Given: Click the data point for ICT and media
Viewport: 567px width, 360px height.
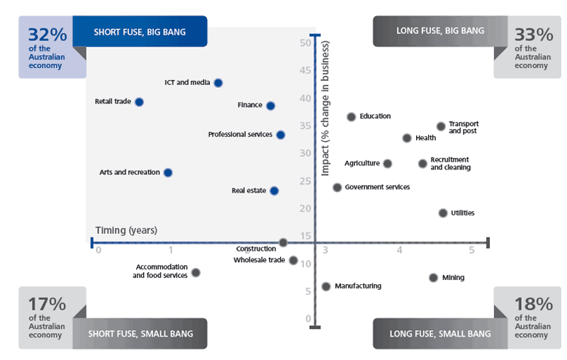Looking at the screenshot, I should coord(218,83).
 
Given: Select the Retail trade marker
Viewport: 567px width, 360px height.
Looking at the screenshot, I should coord(139,102).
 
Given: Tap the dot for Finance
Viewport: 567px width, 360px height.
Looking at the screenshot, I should coord(270,106).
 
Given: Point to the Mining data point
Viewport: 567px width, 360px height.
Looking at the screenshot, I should coord(433,278).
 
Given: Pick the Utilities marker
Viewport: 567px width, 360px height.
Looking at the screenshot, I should coord(443,213).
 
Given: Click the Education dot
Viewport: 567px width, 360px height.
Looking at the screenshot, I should coord(351,117).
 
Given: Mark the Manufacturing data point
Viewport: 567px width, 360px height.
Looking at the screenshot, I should coord(326,286).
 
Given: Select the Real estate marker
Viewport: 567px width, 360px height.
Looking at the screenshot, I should coord(274,191).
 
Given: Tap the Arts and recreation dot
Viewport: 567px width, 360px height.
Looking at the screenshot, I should coord(168,172).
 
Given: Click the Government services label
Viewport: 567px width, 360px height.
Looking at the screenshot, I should coord(377,187).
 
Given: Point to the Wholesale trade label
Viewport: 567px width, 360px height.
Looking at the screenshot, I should coord(259,260).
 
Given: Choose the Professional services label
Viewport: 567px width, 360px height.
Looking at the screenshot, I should coord(240,135).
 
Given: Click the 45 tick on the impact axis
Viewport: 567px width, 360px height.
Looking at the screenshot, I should coord(306,70).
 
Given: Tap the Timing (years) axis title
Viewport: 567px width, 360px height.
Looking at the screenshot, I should coord(126,230).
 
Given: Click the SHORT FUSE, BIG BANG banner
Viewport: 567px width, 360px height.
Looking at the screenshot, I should coord(140,30).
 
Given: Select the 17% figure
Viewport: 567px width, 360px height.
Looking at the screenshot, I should coord(47,305).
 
